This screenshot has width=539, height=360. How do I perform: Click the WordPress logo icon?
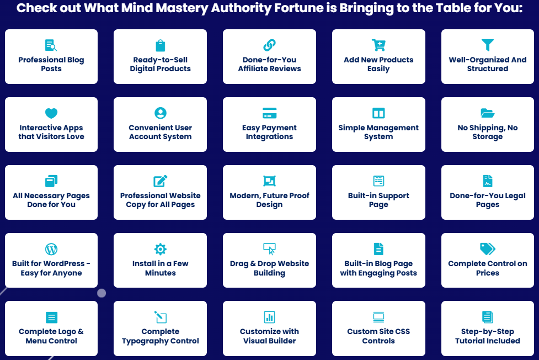[51, 249]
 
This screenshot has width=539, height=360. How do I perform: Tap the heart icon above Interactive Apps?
[51, 113]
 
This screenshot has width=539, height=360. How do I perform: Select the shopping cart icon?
[378, 45]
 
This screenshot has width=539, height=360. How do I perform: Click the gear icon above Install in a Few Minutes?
[161, 249]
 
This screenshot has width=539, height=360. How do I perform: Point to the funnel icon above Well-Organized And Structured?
[488, 45]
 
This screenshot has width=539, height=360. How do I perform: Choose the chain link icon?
[269, 45]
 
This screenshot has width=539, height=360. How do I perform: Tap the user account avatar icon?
[161, 113]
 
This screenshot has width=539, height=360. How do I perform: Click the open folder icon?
[488, 113]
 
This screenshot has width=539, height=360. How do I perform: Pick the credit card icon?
[269, 113]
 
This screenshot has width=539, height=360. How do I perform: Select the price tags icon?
[488, 249]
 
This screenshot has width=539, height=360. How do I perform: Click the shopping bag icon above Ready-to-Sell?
[161, 45]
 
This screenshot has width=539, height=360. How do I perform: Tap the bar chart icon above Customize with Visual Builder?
[269, 317]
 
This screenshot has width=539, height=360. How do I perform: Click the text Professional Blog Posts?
[51, 64]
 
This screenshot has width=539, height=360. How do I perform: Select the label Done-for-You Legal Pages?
[488, 200]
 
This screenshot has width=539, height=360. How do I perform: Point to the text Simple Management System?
[378, 132]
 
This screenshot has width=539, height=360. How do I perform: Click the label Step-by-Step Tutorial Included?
[488, 336]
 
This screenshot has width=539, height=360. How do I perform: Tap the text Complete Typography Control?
[161, 336]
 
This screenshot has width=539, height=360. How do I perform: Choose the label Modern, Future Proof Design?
[269, 200]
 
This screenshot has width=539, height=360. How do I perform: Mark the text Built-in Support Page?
[378, 200]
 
